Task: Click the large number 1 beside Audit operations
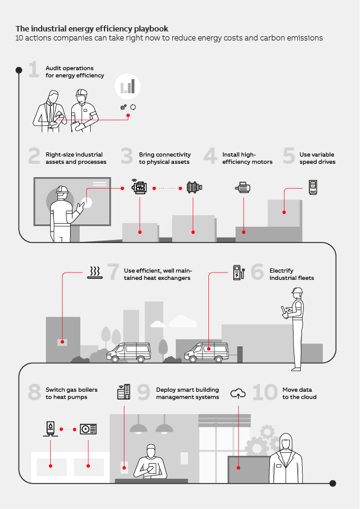34,70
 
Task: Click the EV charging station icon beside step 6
238,272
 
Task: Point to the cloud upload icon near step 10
238,394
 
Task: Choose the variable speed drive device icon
313,187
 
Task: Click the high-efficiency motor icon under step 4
243,187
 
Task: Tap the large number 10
265,393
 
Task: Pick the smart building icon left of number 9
123,392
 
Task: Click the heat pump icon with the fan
88,429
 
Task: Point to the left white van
128,352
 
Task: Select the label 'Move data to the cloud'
300,394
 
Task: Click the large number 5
289,157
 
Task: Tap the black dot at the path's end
332,483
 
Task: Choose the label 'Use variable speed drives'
317,158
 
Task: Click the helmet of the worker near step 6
297,291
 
